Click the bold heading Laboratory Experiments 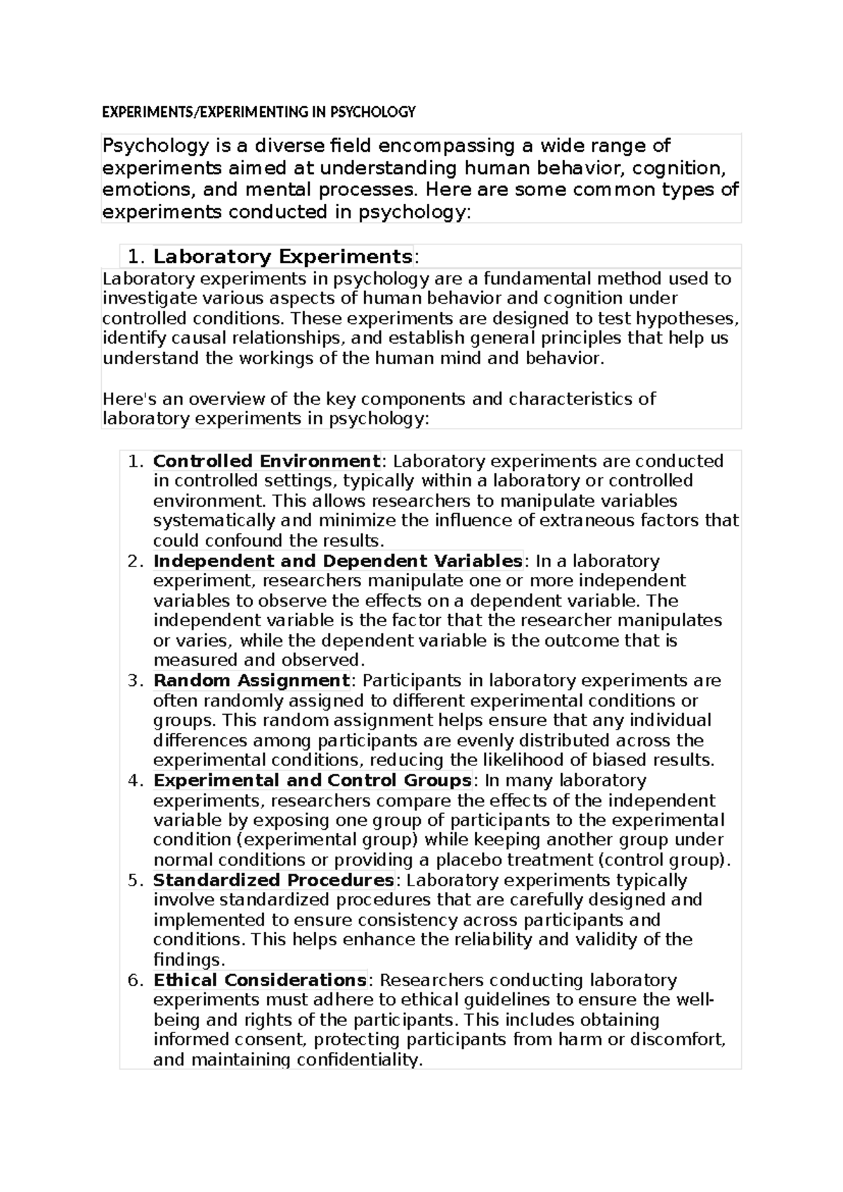[x=282, y=256]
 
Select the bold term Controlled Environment [x=266, y=461]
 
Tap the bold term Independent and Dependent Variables [x=337, y=561]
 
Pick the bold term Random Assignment [x=251, y=680]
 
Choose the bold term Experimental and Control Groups [x=312, y=780]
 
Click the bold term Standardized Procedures [x=273, y=880]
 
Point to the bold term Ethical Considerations [x=259, y=980]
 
